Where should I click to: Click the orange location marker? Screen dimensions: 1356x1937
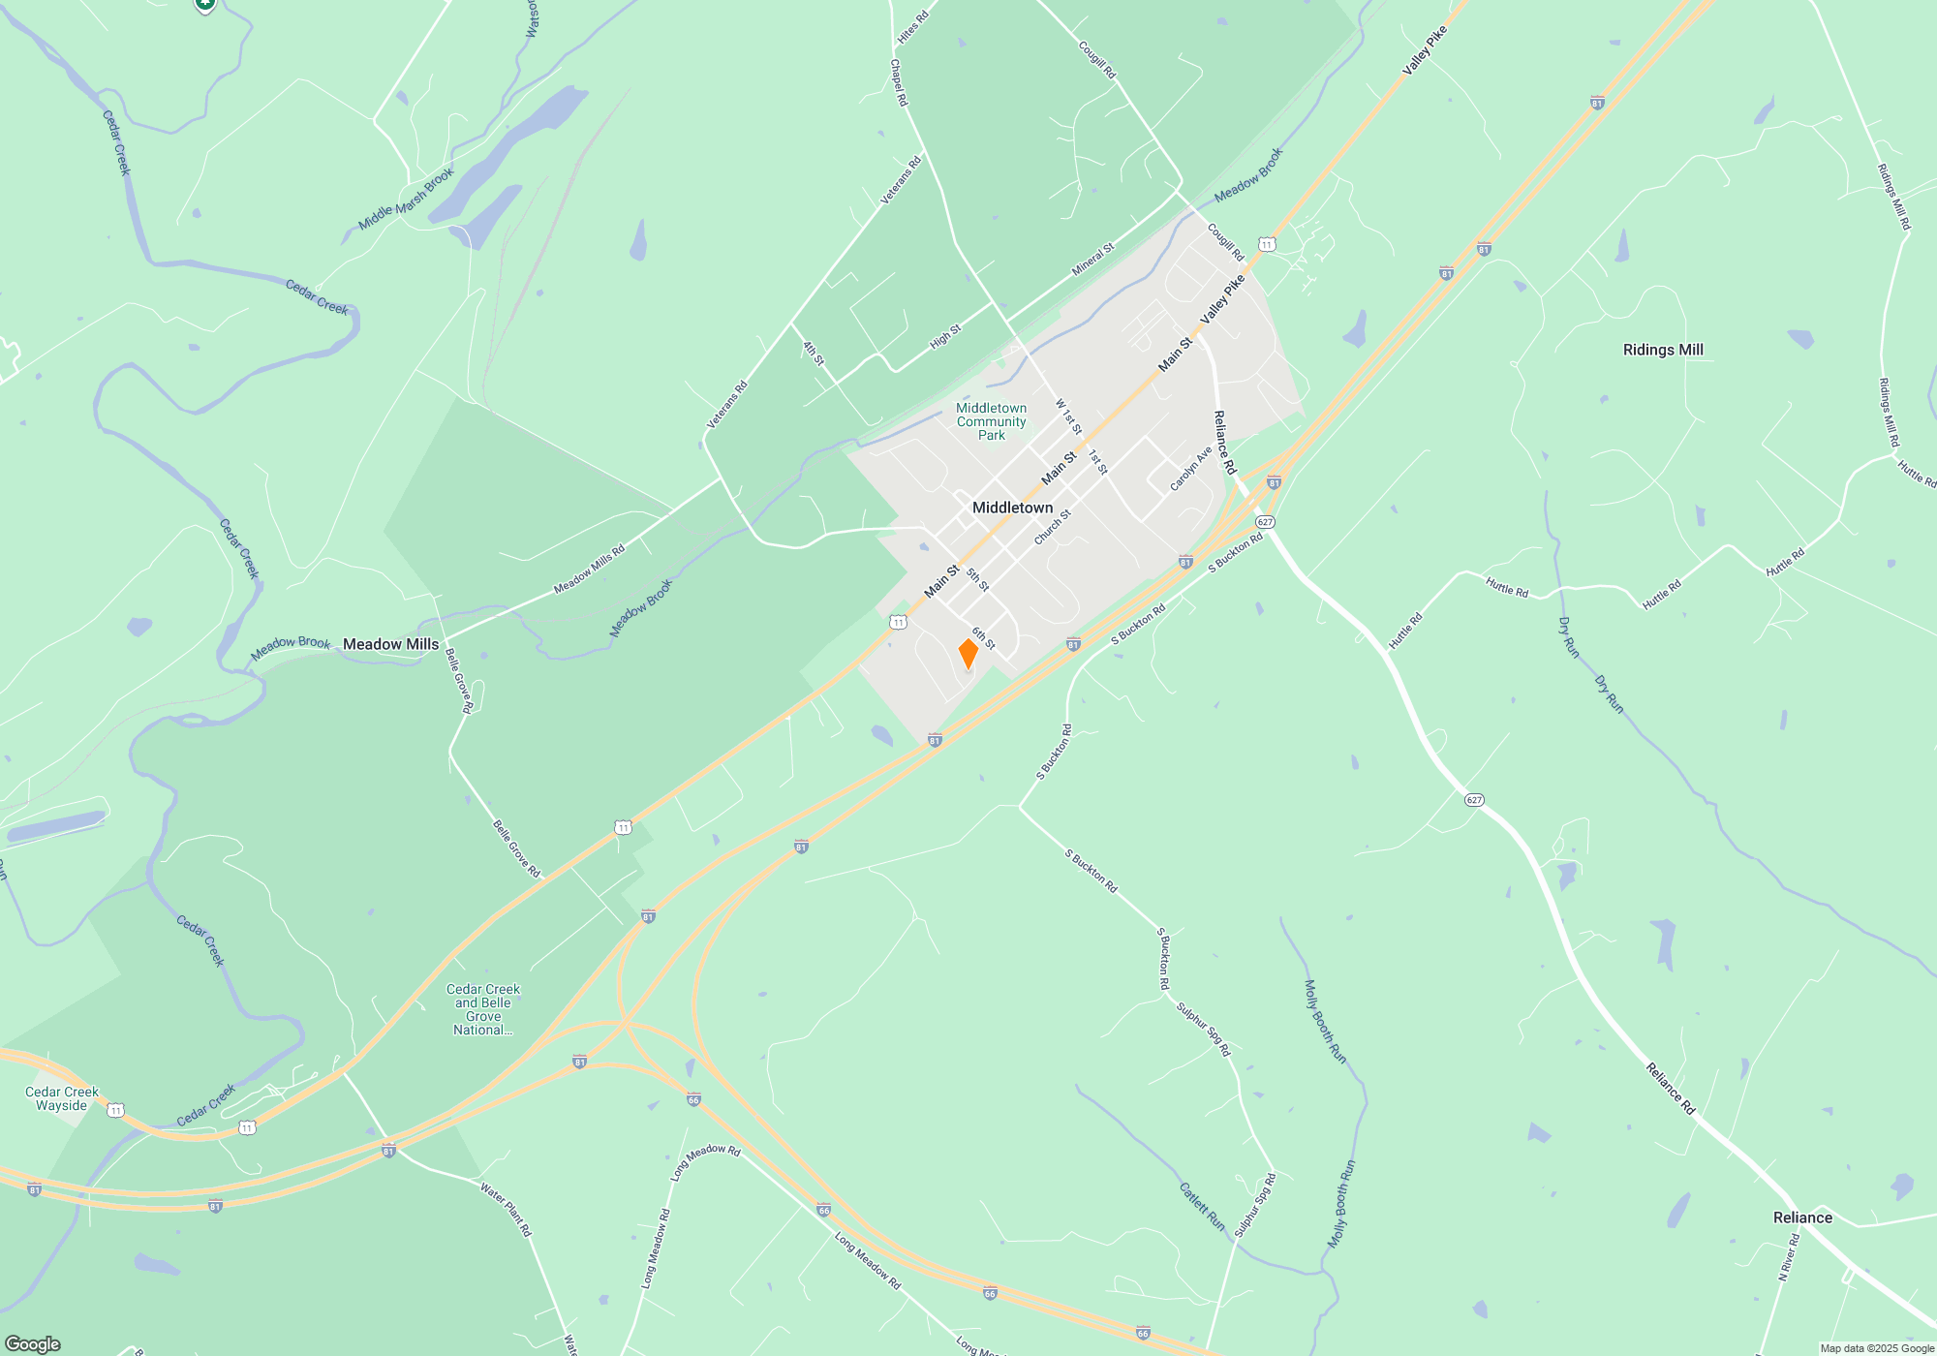[x=968, y=654]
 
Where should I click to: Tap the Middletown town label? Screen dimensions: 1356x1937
[x=1012, y=508]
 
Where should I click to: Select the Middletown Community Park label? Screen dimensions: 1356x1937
[x=991, y=421]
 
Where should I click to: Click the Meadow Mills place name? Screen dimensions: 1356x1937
[x=390, y=644]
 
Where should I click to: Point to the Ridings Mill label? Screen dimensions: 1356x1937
[x=1662, y=350]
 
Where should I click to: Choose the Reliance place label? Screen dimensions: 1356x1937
[x=1801, y=1217]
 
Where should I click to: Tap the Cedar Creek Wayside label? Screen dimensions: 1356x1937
[x=62, y=1098]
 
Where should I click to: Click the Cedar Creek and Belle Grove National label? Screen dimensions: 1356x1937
[x=483, y=1009]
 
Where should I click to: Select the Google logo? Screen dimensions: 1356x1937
[x=33, y=1343]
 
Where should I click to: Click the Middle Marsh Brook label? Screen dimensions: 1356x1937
[x=406, y=200]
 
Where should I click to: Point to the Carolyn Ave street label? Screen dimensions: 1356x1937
[x=1190, y=469]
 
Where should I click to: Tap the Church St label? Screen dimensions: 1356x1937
[x=1052, y=527]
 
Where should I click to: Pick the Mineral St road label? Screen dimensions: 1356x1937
[x=1092, y=260]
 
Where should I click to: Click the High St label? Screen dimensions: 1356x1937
[x=945, y=336]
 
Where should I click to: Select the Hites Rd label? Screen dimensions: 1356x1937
[x=912, y=27]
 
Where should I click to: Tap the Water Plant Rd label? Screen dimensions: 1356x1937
[x=507, y=1208]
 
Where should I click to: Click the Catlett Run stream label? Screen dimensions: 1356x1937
[x=1202, y=1207]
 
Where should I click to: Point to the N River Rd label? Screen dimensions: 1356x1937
[x=1788, y=1257]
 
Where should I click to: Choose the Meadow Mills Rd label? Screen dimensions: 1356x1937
[x=589, y=570]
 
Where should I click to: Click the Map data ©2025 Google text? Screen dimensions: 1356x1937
[x=1876, y=1348]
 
